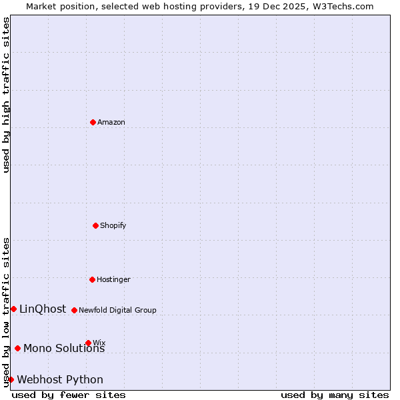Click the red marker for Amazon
pos(93,122)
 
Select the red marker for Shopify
pos(95,225)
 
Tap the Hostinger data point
pos(92,279)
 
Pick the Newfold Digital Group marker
pos(74,310)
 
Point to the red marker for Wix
pos(88,343)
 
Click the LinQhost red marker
pos(13,309)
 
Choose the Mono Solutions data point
pos(17,348)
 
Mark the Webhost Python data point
pos(11,379)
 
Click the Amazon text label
pos(111,122)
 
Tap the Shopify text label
pos(113,225)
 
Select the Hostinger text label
pos(114,279)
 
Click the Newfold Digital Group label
pos(118,310)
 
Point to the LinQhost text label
pos(43,309)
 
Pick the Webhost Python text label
pos(60,379)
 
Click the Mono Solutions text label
pos(64,348)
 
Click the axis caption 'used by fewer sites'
pos(69,395)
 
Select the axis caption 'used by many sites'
pos(335,395)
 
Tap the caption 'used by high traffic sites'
pos(6,95)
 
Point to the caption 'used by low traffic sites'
pos(6,312)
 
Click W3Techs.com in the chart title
pos(341,6)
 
